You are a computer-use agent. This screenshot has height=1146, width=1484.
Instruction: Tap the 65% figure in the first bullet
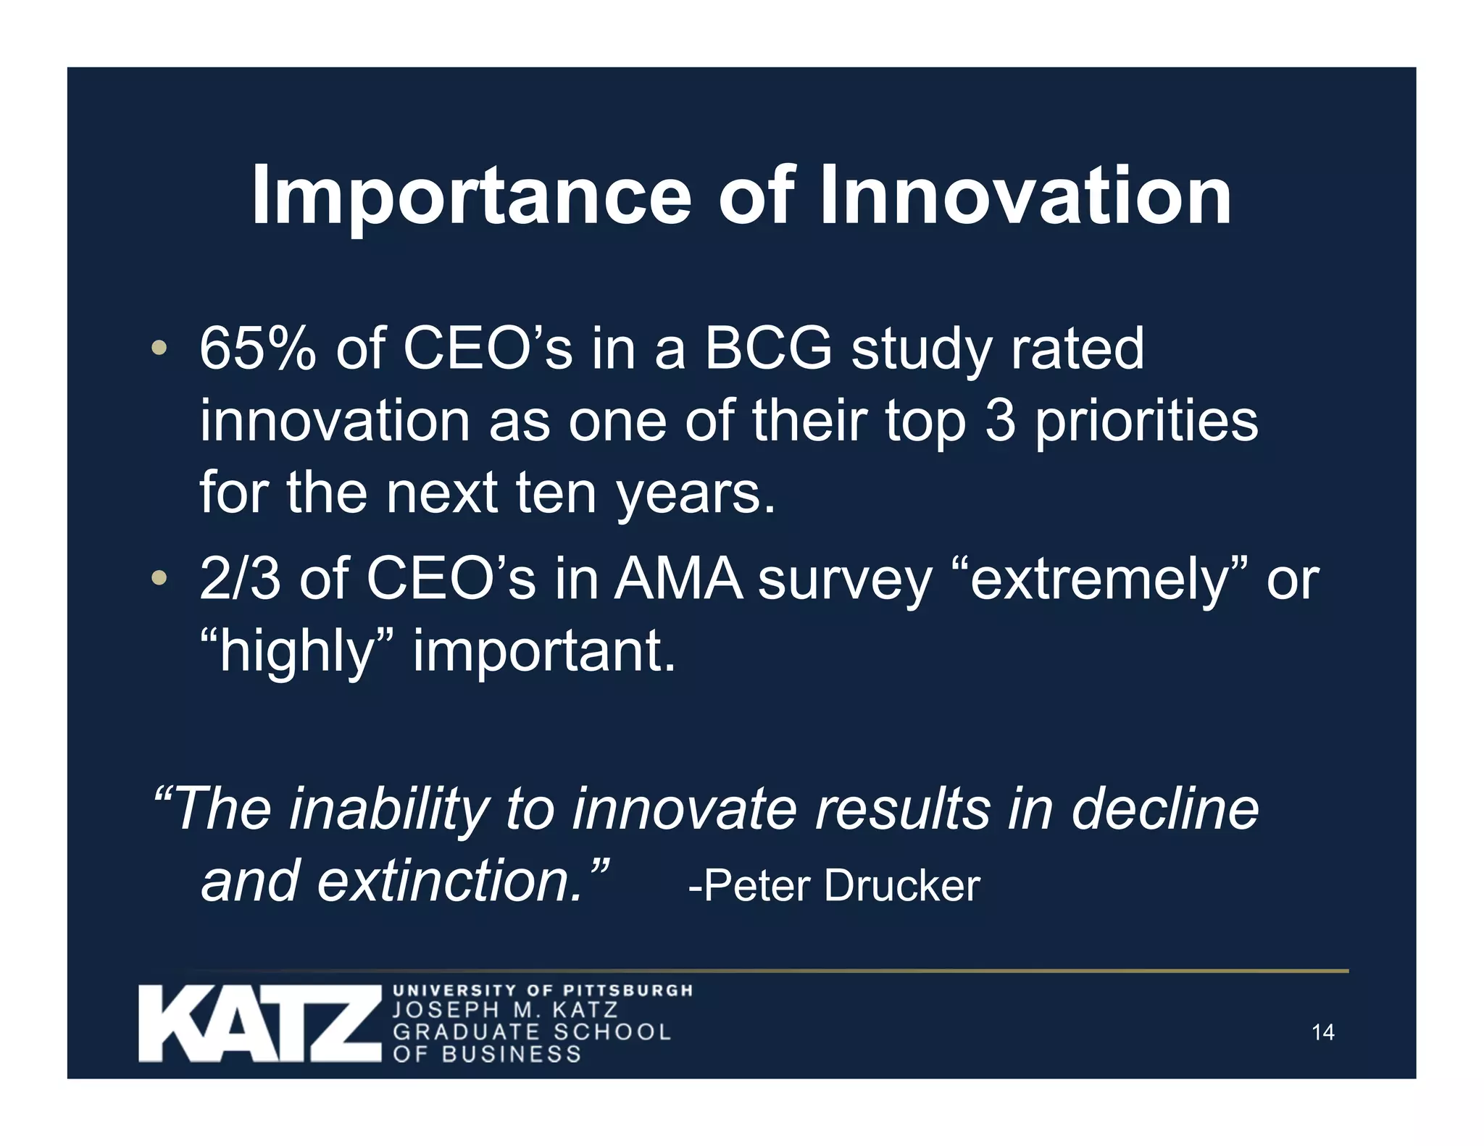tap(257, 348)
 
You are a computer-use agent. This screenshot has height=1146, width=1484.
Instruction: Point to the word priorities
tap(1146, 422)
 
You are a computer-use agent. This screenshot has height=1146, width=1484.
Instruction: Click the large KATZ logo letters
tap(259, 1024)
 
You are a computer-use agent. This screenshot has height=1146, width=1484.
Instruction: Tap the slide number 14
tap(1322, 1032)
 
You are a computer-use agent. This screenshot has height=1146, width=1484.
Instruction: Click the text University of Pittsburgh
tap(542, 990)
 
